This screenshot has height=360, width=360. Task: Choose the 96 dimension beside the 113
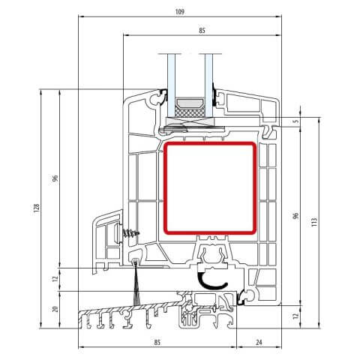coord(296,215)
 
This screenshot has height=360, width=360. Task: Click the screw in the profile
coord(132,233)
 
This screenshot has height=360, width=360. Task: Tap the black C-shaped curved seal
coord(212,280)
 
